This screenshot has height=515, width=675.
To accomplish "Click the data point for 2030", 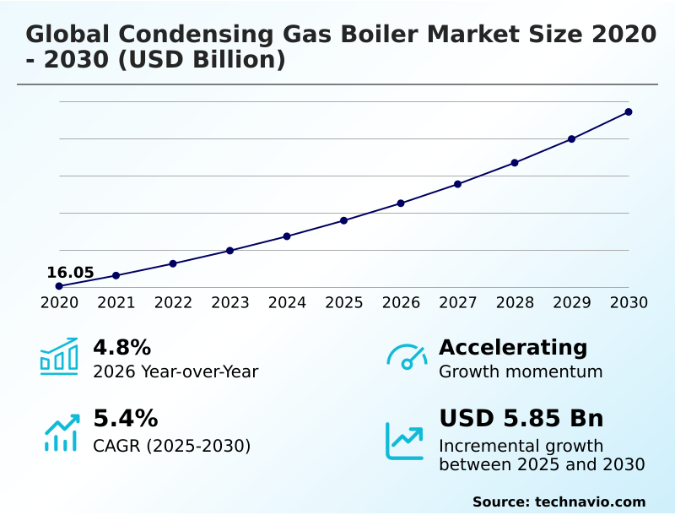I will click(x=629, y=111).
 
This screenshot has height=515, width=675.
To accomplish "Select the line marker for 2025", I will click(x=344, y=220).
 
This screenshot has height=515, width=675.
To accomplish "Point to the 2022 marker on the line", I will click(x=173, y=263).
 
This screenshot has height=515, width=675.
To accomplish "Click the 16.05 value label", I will click(x=70, y=273).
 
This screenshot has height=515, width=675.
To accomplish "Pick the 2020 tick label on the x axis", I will click(x=59, y=303).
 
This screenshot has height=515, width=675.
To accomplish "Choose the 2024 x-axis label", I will click(x=287, y=303).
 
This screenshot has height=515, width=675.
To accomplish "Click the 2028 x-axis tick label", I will click(x=515, y=303).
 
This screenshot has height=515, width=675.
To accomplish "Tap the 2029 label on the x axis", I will click(x=571, y=303).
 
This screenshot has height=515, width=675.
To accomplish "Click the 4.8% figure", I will click(x=121, y=348).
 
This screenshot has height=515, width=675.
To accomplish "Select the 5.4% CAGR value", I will click(x=125, y=419).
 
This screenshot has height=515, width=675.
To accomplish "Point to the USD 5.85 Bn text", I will click(x=521, y=419).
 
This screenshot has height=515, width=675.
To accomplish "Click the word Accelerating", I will click(x=513, y=348).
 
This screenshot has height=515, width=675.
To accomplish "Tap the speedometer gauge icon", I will click(x=407, y=356).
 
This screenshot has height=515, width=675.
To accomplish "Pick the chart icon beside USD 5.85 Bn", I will click(x=405, y=440).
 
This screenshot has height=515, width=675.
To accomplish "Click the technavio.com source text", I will click(x=590, y=501).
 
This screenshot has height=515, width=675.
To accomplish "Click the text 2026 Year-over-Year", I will click(x=175, y=372).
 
